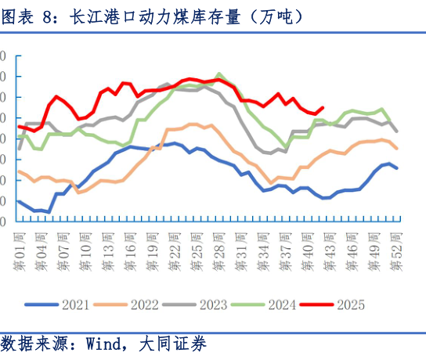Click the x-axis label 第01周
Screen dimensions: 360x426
pyautogui.click(x=20, y=250)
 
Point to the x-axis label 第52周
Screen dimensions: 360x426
pyautogui.click(x=398, y=250)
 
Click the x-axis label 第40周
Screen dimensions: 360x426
pyautogui.click(x=309, y=250)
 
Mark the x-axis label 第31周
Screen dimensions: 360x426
pyautogui.click(x=242, y=250)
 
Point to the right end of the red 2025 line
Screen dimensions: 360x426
pyautogui.click(x=323, y=108)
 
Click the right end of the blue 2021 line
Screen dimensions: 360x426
pyautogui.click(x=397, y=167)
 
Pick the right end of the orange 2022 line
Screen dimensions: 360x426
pyautogui.click(x=397, y=149)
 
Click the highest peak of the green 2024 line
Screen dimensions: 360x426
pyautogui.click(x=219, y=74)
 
